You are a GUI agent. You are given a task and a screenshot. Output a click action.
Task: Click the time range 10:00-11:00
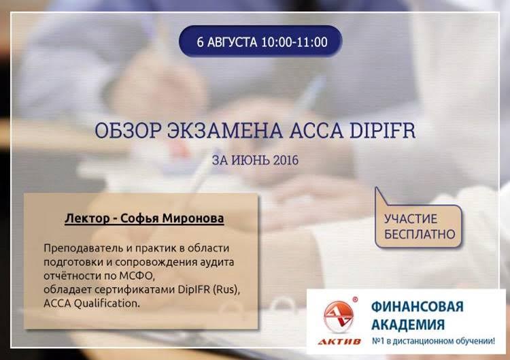point(294,42)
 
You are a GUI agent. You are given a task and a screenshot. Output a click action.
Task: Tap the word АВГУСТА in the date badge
point(232,42)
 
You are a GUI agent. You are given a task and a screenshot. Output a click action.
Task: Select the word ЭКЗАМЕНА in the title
point(225,130)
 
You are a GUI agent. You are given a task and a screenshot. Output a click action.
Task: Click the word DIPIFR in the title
point(382,130)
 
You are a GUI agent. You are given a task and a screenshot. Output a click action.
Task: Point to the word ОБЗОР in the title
point(128,130)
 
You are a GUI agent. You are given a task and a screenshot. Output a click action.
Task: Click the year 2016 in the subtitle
point(286,160)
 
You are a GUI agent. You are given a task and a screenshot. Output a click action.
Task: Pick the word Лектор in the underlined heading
point(87,218)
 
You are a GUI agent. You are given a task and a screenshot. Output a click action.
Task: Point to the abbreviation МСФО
point(137,276)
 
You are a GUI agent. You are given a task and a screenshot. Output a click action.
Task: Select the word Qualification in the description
point(107,303)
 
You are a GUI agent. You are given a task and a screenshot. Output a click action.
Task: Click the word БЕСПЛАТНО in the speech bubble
point(420,234)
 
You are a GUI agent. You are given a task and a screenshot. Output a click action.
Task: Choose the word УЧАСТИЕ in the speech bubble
point(411,218)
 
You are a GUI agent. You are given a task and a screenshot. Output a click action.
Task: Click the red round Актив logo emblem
point(339,316)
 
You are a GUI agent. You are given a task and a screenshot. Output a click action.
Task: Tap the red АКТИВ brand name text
point(339,342)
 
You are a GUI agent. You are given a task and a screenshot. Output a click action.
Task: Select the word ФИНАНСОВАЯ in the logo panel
point(418,307)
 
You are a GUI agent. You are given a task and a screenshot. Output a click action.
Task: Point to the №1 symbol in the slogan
point(377,341)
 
